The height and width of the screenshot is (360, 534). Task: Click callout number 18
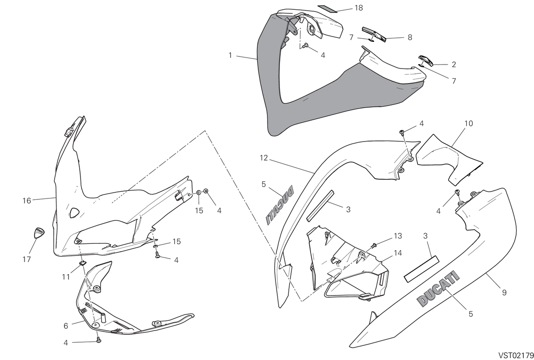[x=359, y=8]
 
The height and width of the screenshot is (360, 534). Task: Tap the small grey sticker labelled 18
[x=328, y=8]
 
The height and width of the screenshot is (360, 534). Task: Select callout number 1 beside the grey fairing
[x=230, y=55]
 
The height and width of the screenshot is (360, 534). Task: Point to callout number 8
[x=410, y=37]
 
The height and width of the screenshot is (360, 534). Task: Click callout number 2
[x=454, y=65]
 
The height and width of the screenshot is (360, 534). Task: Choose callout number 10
[x=469, y=124]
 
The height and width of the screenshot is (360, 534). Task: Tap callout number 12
[x=264, y=158]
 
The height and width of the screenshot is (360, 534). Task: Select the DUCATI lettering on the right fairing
[x=438, y=288]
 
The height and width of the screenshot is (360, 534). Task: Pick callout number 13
[x=398, y=236]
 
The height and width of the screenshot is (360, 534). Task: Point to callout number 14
[x=398, y=253]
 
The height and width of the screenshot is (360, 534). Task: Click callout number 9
[x=504, y=292]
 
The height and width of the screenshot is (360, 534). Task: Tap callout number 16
[x=27, y=201]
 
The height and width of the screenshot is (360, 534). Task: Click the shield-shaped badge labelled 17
[x=39, y=233]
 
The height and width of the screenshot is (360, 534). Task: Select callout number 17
[x=26, y=259]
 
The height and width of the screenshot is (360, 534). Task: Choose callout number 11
[x=66, y=277]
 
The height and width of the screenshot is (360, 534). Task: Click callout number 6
[x=66, y=326]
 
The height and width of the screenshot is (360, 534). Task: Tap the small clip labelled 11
[x=82, y=263]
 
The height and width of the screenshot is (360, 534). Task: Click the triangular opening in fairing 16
[x=74, y=212]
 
